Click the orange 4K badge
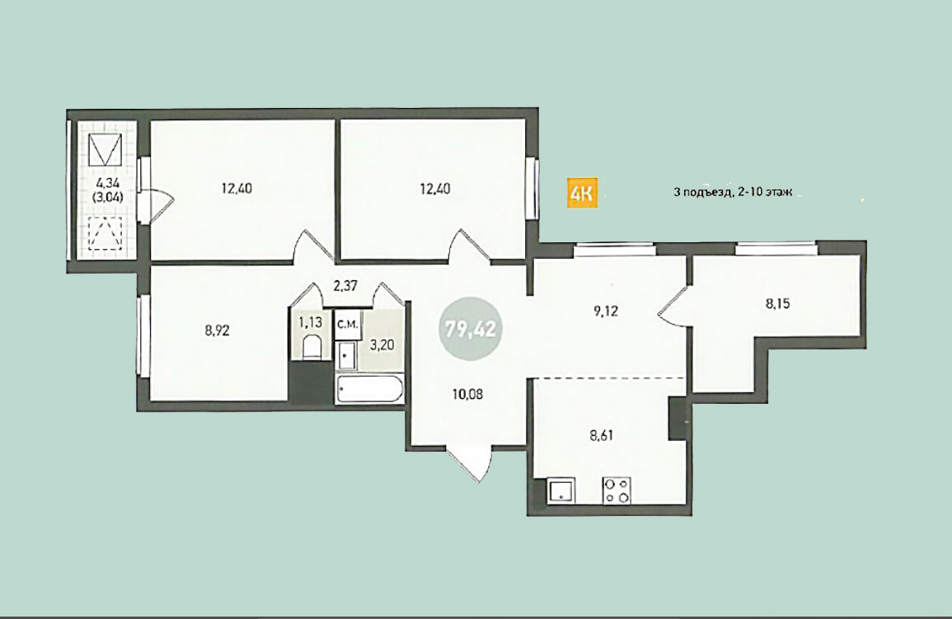point(582,193)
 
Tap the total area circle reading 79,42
point(471,329)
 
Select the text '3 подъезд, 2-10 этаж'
point(733,192)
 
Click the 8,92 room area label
point(218,331)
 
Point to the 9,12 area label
point(605,312)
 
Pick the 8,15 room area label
point(778,303)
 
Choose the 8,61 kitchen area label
point(601,435)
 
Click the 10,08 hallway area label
point(467,395)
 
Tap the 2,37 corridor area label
point(345,285)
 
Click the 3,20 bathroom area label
point(382,345)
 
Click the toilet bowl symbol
point(311,346)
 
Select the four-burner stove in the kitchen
point(617,490)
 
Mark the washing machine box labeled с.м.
point(347,325)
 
